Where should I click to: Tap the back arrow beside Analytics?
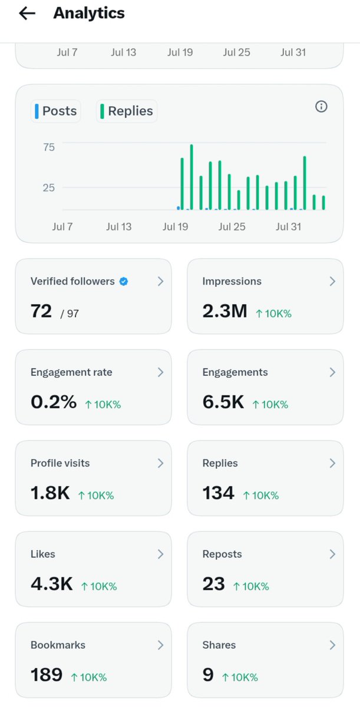click(x=27, y=13)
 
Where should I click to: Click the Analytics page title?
click(x=89, y=13)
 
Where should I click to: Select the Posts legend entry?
click(x=56, y=111)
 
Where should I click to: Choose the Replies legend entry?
click(x=127, y=111)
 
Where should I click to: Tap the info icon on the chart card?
click(x=321, y=107)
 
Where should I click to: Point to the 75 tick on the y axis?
click(x=49, y=147)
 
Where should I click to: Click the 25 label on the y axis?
click(x=49, y=188)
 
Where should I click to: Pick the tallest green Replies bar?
click(x=191, y=177)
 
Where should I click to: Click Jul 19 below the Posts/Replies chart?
click(x=176, y=227)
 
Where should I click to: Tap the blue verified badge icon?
click(x=124, y=281)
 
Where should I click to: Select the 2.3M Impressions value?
click(x=224, y=311)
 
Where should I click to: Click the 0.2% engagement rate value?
click(x=54, y=402)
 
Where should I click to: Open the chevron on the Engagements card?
click(x=332, y=372)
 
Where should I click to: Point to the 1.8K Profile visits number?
click(x=50, y=493)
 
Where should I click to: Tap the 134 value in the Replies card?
click(x=219, y=493)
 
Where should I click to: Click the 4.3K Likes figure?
click(x=52, y=584)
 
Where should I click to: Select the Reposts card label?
click(x=222, y=554)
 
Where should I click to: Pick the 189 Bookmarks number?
click(x=47, y=675)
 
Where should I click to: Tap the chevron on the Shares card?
click(x=332, y=645)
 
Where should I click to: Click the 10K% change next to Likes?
click(x=99, y=586)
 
